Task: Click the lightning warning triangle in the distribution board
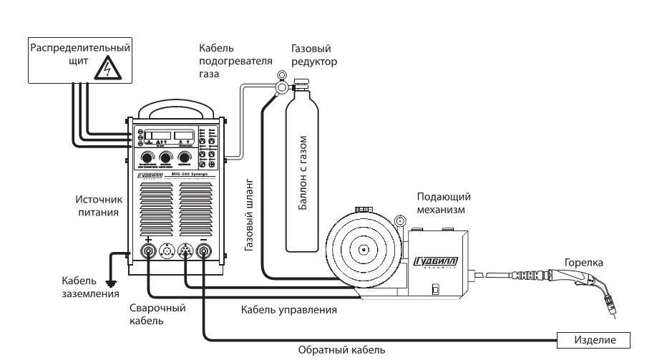(x=106, y=68)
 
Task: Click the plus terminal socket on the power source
(x=149, y=252)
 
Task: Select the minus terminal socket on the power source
(x=204, y=252)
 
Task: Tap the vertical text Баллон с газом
(x=303, y=172)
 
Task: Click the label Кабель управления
(x=289, y=310)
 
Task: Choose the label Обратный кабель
(x=341, y=351)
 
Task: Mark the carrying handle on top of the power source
(x=176, y=109)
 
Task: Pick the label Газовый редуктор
(x=314, y=55)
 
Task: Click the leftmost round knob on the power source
(x=148, y=157)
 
